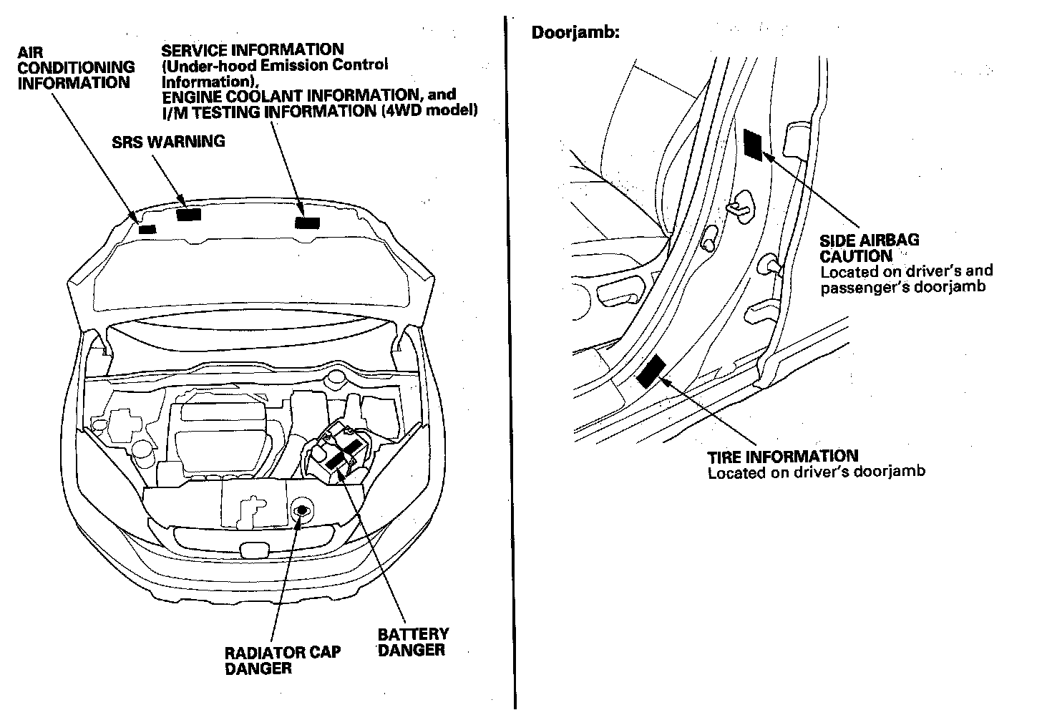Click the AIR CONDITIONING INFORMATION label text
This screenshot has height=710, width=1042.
[75, 67]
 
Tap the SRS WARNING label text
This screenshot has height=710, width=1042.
[168, 142]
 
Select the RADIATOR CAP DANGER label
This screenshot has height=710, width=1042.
[282, 660]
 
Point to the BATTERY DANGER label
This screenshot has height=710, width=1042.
[413, 642]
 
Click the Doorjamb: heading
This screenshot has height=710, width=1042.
[575, 32]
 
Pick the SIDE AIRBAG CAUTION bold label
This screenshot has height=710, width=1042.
[869, 248]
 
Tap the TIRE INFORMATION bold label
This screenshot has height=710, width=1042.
[782, 456]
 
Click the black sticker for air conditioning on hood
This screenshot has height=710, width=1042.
[147, 229]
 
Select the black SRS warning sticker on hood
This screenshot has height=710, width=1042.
[190, 214]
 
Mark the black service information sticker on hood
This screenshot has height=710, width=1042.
[308, 221]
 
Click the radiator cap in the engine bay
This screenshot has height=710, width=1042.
[301, 510]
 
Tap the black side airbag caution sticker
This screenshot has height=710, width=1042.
[754, 144]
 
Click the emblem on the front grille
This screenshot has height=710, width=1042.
[251, 550]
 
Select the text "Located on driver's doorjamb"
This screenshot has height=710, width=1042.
[816, 472]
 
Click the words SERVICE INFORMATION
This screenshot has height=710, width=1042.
[252, 49]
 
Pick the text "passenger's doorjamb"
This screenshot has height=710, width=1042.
[903, 287]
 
